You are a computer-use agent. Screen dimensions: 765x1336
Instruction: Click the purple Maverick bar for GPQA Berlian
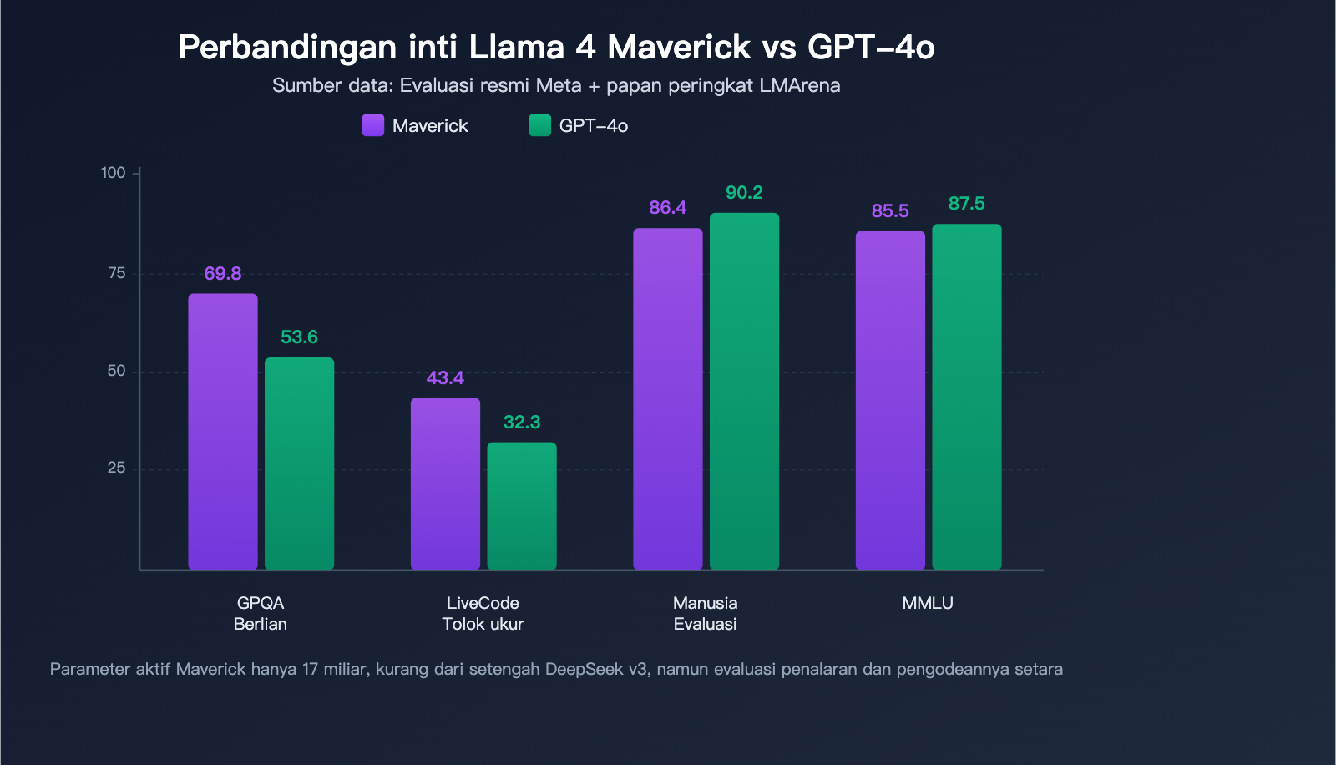[223, 432]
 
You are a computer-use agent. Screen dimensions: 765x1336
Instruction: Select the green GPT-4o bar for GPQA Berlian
[299, 464]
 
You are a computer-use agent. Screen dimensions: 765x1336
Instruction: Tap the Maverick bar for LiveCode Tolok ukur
[445, 484]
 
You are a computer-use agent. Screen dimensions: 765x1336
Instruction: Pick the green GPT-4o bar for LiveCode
[522, 506]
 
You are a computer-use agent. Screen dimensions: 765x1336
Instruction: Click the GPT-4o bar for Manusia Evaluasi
[744, 392]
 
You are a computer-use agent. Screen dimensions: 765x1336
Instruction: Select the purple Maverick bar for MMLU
[890, 401]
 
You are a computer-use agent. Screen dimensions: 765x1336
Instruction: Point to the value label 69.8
[223, 274]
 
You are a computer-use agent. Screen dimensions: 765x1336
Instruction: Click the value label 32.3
[522, 423]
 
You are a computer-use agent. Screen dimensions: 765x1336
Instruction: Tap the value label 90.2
[744, 193]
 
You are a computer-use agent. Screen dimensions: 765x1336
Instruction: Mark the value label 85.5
[890, 211]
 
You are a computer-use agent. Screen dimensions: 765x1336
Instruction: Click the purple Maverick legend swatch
[373, 125]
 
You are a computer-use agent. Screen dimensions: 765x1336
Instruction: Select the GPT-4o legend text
[593, 126]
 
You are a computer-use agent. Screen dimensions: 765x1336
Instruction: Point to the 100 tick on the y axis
[113, 173]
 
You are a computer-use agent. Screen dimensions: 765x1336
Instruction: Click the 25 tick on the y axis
[116, 469]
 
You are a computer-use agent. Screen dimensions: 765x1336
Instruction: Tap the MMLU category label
[928, 603]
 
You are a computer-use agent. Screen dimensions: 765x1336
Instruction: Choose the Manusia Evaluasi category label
[706, 613]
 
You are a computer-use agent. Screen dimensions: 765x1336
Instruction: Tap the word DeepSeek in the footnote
[584, 669]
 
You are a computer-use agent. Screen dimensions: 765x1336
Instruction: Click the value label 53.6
[299, 337]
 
